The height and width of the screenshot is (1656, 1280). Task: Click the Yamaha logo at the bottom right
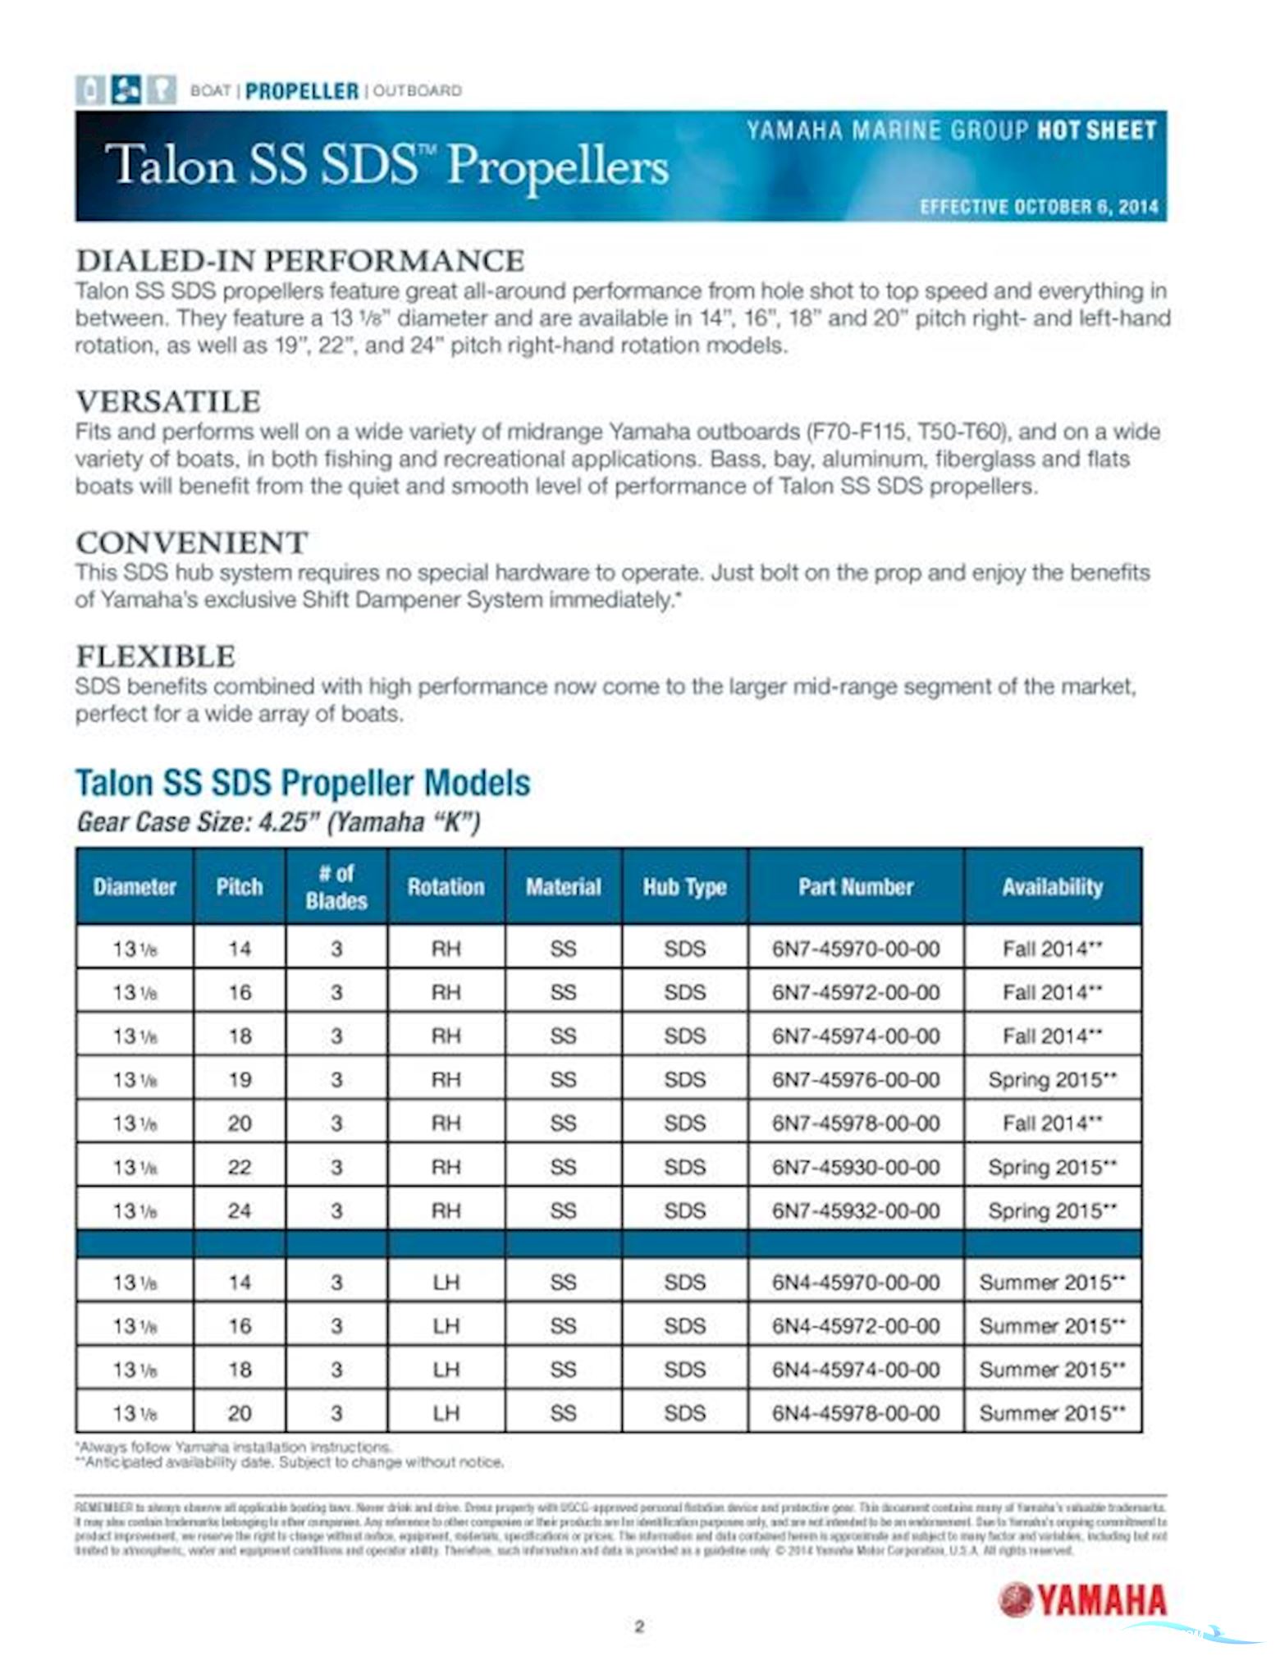[1082, 1599]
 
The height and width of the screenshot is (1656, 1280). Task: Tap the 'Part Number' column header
[855, 886]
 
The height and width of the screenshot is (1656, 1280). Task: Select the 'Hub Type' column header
[684, 886]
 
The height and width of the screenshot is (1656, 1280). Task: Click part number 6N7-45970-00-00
[855, 949]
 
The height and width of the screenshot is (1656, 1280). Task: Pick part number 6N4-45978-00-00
[855, 1412]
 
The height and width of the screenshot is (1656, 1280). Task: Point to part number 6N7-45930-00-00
[855, 1167]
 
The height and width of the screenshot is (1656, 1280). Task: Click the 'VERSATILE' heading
[168, 401]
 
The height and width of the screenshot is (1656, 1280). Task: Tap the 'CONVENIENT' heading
[192, 542]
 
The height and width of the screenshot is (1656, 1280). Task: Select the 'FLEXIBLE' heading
[156, 656]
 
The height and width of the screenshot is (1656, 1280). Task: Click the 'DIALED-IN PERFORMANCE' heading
[299, 260]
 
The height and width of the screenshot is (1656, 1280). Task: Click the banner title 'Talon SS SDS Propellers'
[390, 165]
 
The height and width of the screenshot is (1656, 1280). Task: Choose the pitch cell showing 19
[239, 1079]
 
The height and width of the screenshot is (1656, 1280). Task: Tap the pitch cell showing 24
[239, 1210]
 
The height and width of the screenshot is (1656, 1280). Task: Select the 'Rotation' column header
[446, 886]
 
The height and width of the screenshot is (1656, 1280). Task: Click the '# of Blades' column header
[336, 886]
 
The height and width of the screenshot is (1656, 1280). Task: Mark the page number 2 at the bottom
[639, 1626]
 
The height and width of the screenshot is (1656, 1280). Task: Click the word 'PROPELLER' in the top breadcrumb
[302, 91]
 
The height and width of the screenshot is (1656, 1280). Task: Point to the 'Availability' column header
[1052, 886]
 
